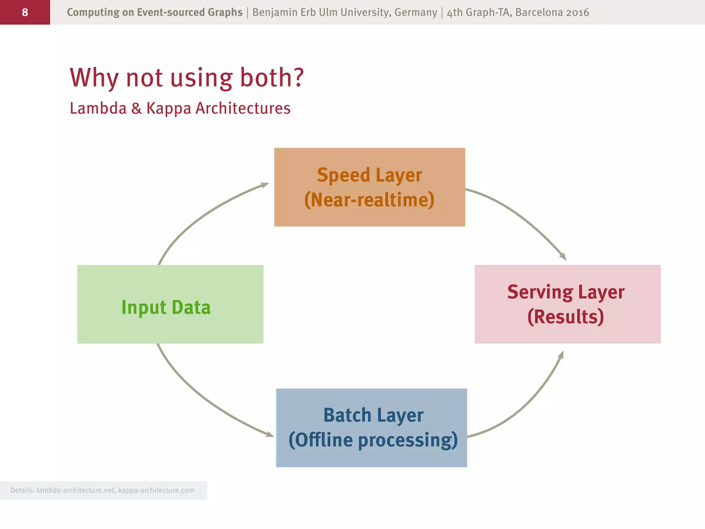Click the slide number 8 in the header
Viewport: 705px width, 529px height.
25,12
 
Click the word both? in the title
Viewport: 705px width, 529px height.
272,77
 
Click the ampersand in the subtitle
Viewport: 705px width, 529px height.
136,108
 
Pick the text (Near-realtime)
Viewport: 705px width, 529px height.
369,200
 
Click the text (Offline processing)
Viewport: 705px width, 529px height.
373,440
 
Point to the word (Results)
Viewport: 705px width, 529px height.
566,317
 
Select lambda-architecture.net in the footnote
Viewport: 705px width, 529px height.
76,490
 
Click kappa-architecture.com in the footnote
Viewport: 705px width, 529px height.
156,490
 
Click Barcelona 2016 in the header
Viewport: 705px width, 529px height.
552,12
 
